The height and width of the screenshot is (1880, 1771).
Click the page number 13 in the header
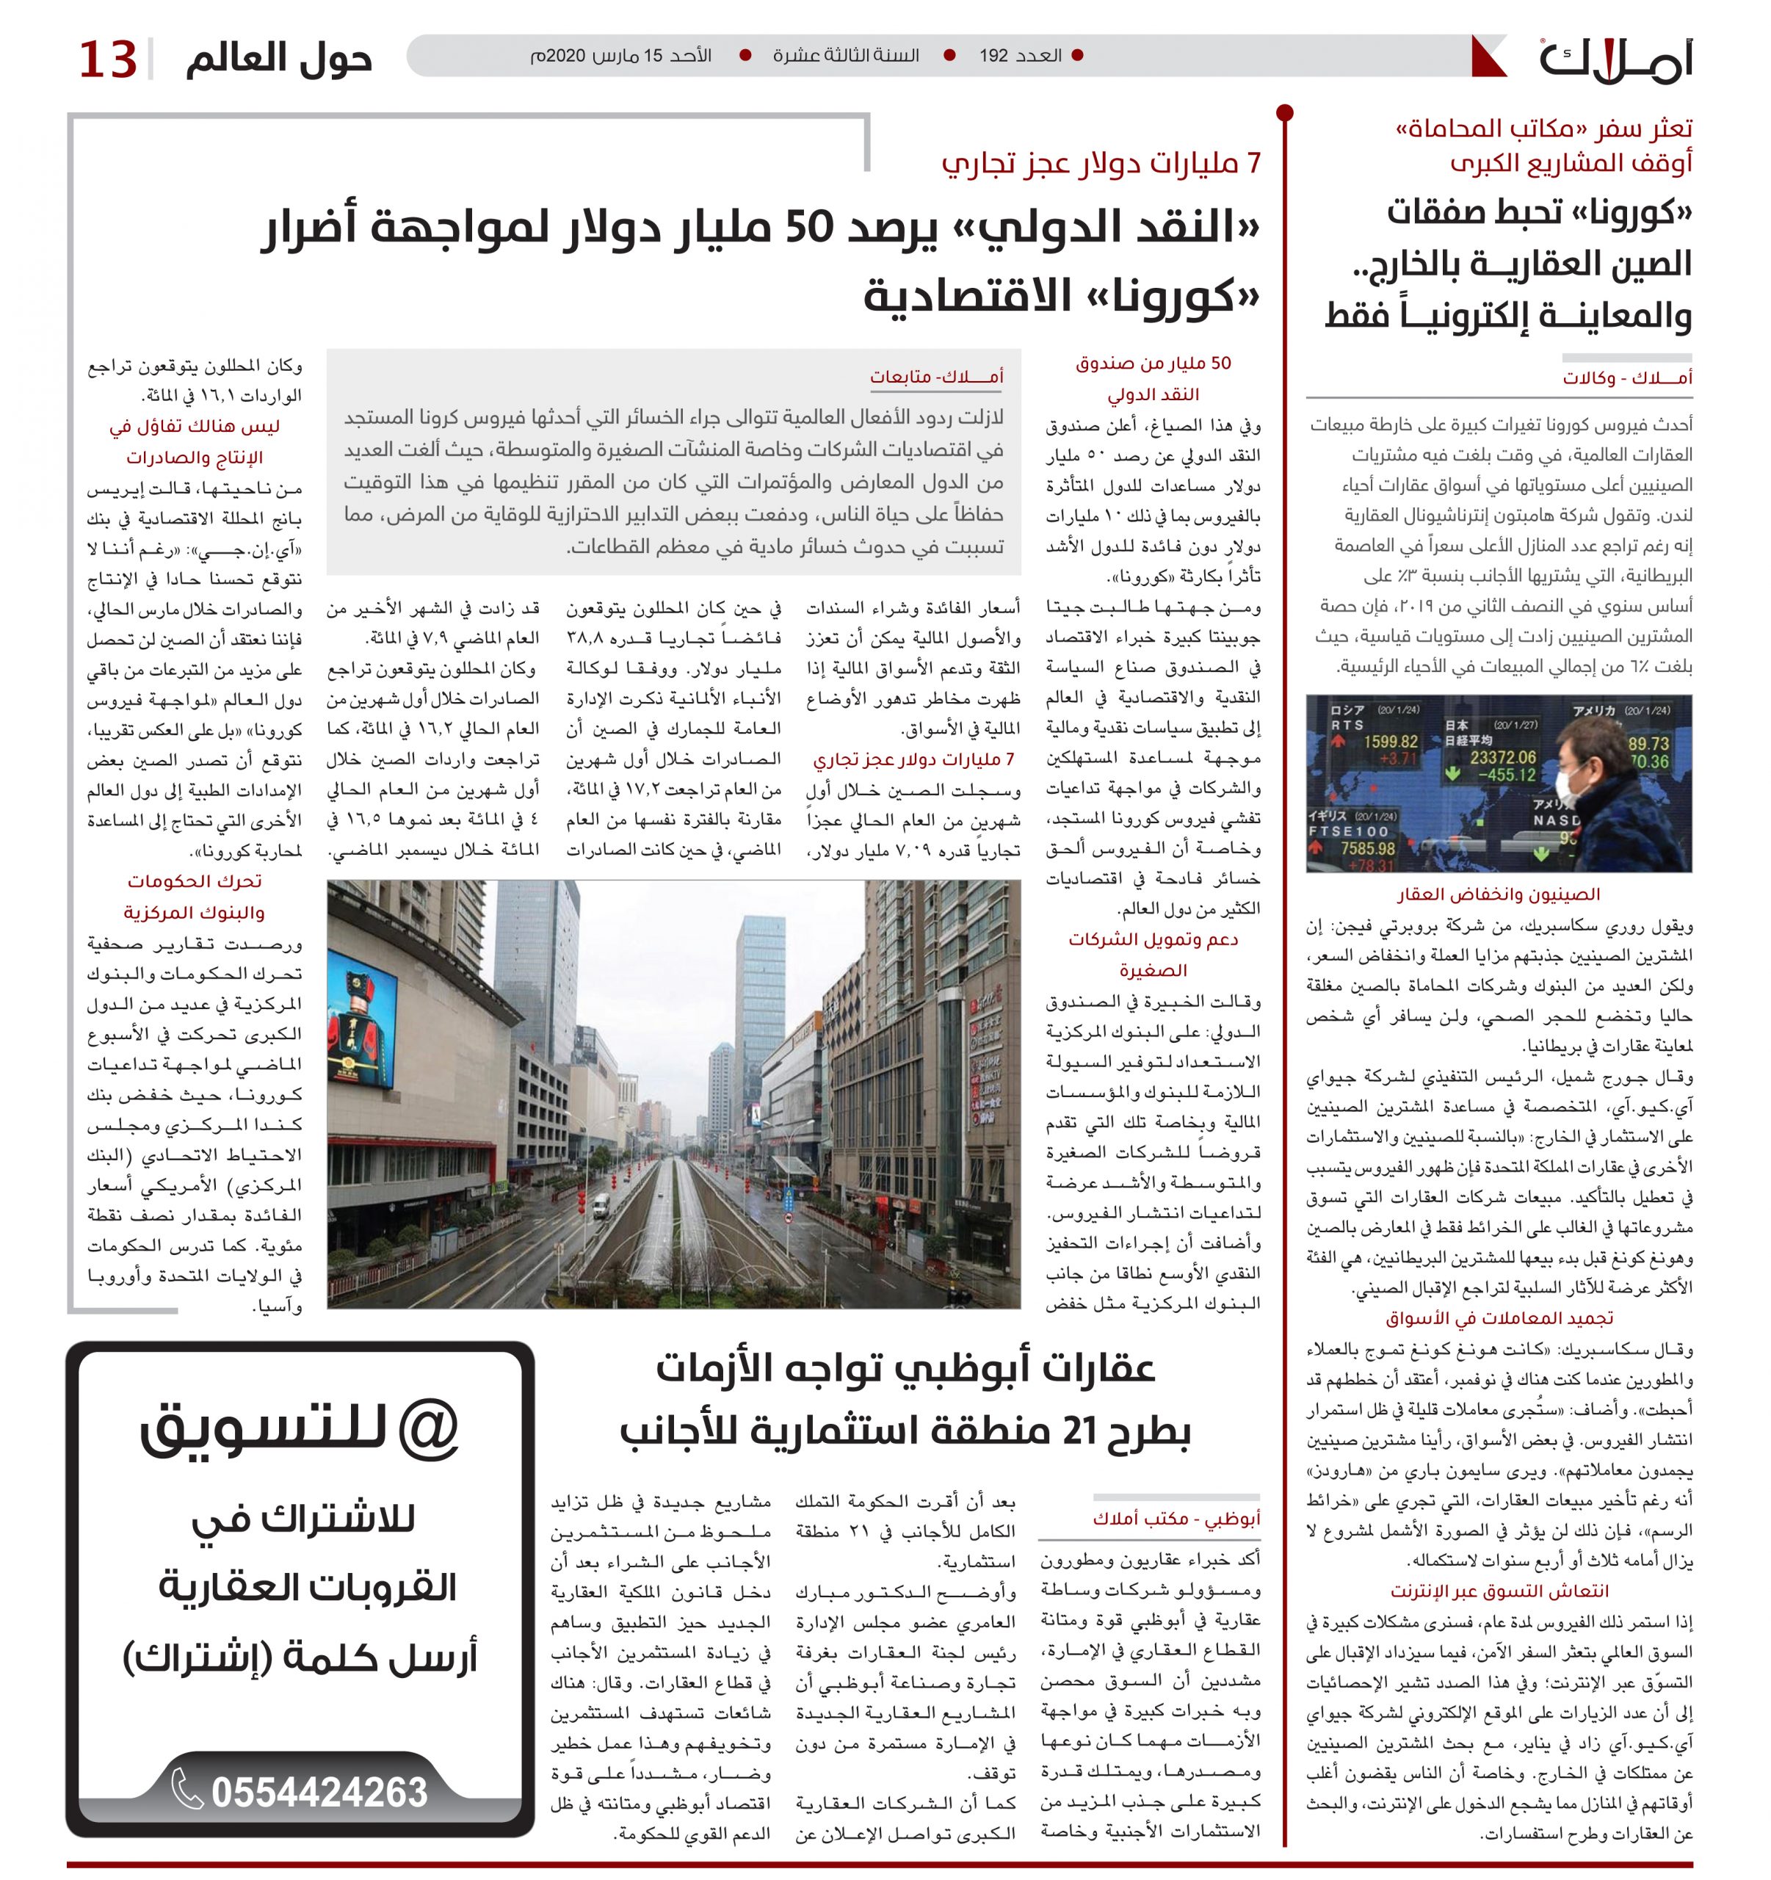pos(108,59)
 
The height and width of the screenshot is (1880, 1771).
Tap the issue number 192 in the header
pos(993,56)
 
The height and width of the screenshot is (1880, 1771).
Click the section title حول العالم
pos(279,59)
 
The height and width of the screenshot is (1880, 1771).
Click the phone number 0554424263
pos(319,1791)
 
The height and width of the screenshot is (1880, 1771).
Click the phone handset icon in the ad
pos(187,1789)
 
